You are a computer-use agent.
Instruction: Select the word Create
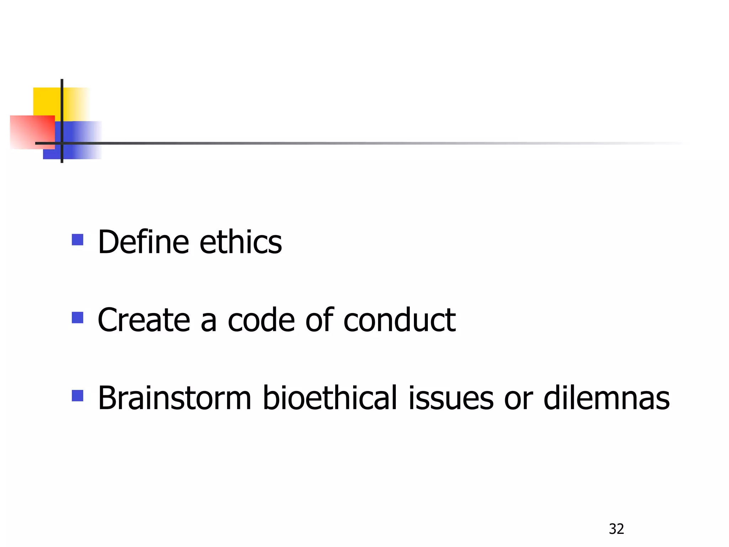(x=143, y=320)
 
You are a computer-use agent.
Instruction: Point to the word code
(x=261, y=320)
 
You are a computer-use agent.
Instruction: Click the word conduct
(x=399, y=320)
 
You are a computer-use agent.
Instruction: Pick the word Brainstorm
(x=174, y=398)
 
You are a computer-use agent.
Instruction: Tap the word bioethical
(x=329, y=398)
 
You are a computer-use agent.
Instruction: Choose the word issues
(x=451, y=398)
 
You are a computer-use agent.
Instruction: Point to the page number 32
(x=616, y=529)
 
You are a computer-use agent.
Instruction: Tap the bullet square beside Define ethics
(x=78, y=240)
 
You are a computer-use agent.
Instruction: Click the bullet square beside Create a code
(x=78, y=318)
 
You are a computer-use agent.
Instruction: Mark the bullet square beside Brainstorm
(x=78, y=396)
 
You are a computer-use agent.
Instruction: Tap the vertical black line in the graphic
(x=62, y=107)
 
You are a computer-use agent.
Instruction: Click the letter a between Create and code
(x=208, y=322)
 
